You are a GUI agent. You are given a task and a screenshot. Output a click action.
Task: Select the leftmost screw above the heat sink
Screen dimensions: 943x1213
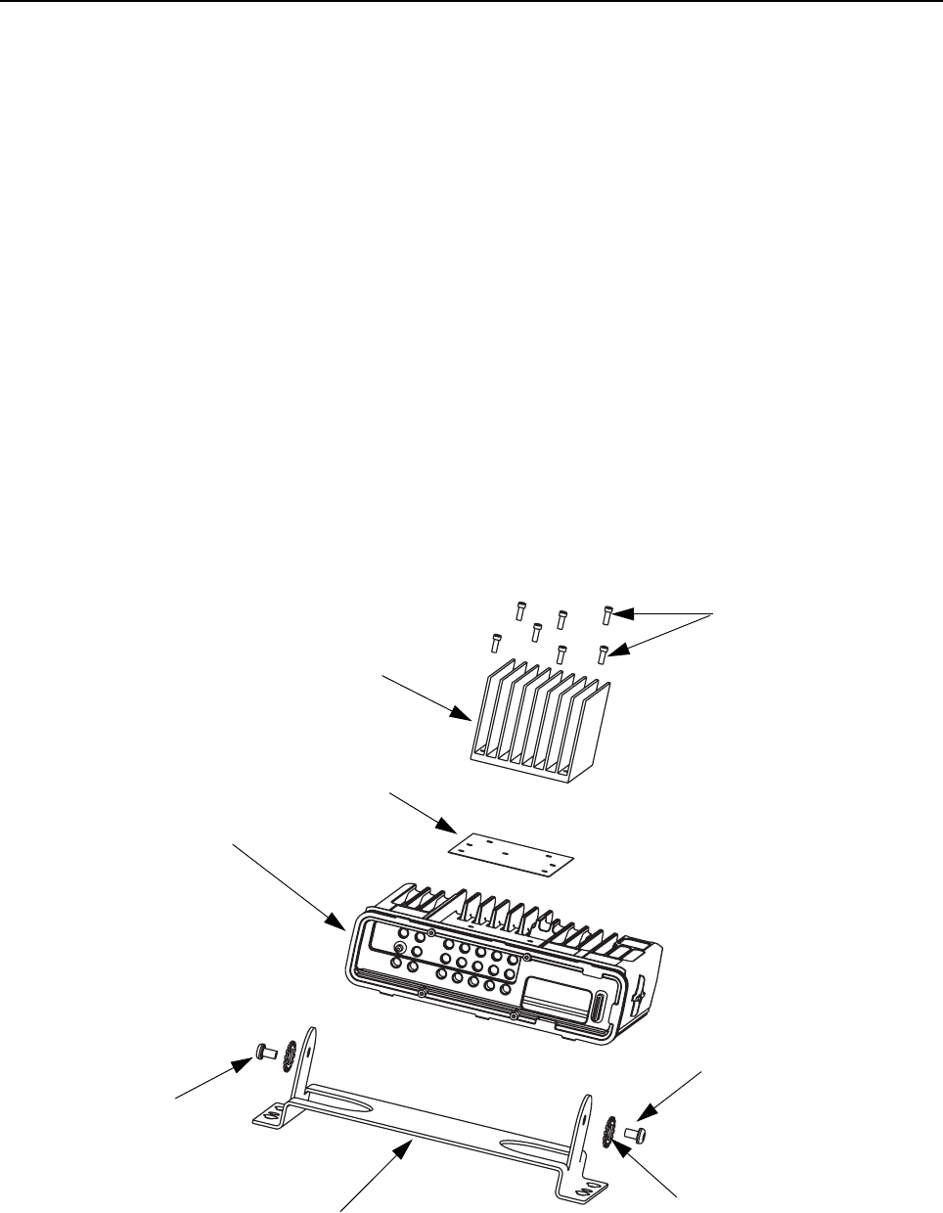click(496, 643)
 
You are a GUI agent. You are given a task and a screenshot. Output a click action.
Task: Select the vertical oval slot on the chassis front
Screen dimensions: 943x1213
click(599, 1009)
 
